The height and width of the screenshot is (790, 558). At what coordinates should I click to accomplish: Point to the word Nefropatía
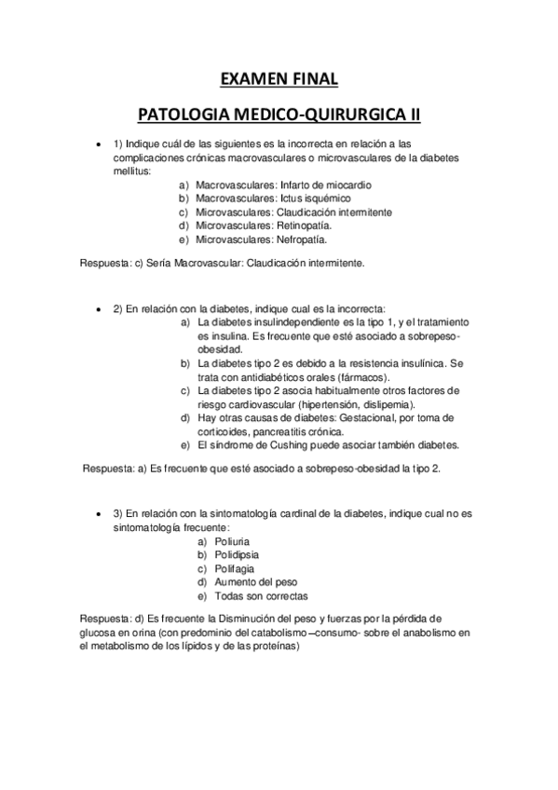301,238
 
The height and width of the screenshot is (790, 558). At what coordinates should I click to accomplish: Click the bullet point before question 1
98,143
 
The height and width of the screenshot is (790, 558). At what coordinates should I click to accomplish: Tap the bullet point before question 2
98,308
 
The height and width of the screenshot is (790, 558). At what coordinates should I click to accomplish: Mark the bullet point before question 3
98,514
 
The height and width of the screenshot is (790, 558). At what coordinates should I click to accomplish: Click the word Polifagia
236,568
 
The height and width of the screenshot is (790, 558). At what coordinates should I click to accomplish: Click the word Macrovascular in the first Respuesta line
188,264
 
